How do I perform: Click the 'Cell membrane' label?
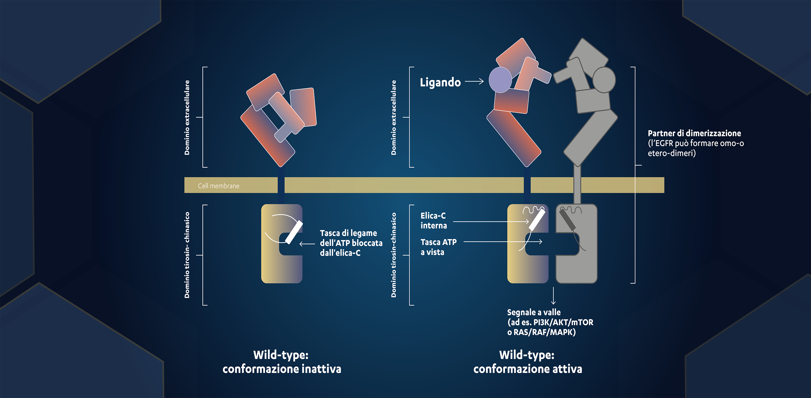218,186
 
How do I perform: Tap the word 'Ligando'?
440,82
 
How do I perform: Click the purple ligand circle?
500,80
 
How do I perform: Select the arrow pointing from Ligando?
474,81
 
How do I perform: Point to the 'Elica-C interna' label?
434,220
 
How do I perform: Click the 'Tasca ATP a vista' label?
438,247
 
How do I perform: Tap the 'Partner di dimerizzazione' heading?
694,133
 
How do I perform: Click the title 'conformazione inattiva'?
282,369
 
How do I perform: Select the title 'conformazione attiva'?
528,369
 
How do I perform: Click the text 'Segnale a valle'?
534,312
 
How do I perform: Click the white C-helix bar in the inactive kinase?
294,232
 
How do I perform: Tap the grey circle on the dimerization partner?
604,80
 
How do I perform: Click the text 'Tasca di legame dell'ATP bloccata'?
351,238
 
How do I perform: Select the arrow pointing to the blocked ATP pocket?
307,244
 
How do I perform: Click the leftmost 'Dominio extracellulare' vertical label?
187,117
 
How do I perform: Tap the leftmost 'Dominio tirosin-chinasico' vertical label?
187,255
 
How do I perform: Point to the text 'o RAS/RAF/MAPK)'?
541,332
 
